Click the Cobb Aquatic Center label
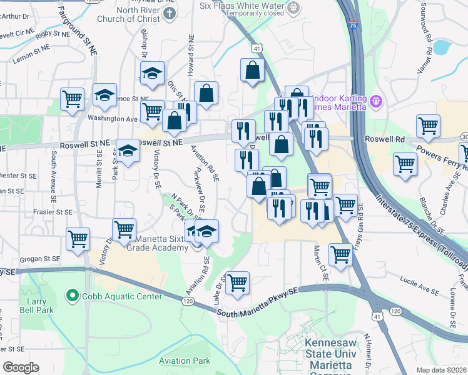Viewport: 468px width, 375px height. click(123, 296)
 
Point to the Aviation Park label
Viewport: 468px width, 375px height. click(184, 361)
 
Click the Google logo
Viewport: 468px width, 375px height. click(21, 367)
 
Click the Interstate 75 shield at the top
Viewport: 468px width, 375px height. click(354, 25)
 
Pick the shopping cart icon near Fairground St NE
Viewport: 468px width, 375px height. click(73, 98)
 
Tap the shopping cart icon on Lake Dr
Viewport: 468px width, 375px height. click(237, 282)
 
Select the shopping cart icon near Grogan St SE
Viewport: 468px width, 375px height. click(79, 239)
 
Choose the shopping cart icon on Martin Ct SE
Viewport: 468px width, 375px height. click(340, 254)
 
